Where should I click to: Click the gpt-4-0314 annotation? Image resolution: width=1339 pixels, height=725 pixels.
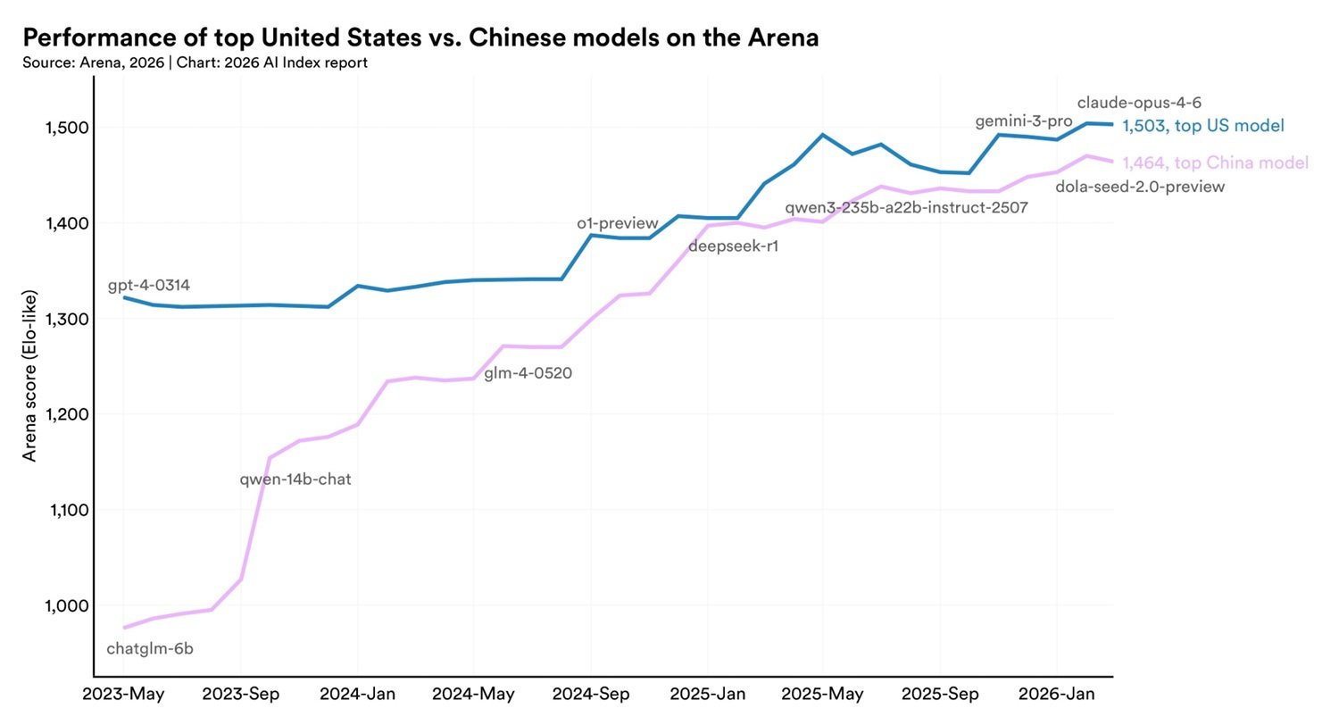pyautogui.click(x=149, y=286)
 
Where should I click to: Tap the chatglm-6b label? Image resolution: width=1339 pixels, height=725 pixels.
pyautogui.click(x=150, y=649)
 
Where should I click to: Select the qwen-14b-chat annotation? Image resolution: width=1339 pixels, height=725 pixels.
pyautogui.click(x=295, y=479)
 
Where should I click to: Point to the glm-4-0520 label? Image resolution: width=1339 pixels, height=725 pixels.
pyautogui.click(x=528, y=373)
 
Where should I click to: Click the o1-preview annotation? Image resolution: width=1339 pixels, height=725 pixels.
pyautogui.click(x=618, y=223)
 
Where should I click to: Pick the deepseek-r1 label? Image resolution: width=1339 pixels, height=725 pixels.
pyautogui.click(x=734, y=246)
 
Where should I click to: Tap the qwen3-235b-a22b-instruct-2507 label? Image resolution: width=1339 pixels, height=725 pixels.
pyautogui.click(x=906, y=208)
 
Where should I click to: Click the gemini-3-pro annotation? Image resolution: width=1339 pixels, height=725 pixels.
pyautogui.click(x=1024, y=121)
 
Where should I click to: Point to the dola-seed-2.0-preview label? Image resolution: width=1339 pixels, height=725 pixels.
pyautogui.click(x=1140, y=187)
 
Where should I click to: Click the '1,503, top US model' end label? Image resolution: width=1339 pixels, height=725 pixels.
pyautogui.click(x=1203, y=126)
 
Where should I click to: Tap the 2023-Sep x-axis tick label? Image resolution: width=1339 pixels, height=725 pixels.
pyautogui.click(x=241, y=694)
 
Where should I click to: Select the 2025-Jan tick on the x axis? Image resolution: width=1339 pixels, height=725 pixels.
pyautogui.click(x=707, y=694)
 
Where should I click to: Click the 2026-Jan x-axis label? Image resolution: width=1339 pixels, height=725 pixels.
pyautogui.click(x=1057, y=694)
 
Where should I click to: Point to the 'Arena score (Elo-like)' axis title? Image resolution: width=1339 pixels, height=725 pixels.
pyautogui.click(x=30, y=376)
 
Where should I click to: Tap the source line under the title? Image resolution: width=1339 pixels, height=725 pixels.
pyautogui.click(x=195, y=62)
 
